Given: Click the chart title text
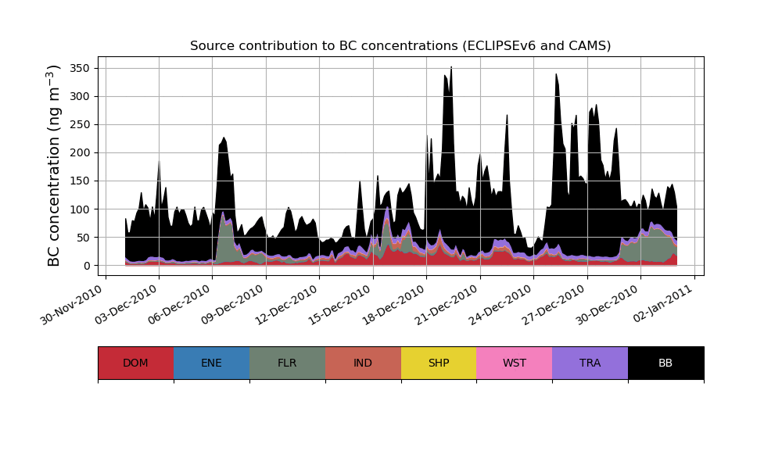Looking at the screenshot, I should click(x=400, y=46).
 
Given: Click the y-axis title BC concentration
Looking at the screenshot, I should click(x=54, y=166).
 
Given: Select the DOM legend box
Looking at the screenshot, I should click(x=135, y=363).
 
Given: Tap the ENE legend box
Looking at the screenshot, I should click(x=211, y=363).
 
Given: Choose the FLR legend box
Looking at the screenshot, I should click(x=287, y=363).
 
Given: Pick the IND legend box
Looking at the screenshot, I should click(x=363, y=363).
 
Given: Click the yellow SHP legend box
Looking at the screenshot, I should click(x=439, y=363).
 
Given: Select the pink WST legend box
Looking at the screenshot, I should click(x=515, y=363).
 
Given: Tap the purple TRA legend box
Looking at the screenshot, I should click(x=590, y=363).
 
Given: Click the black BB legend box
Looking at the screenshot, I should click(x=665, y=363).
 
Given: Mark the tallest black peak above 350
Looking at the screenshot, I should click(x=451, y=69).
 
